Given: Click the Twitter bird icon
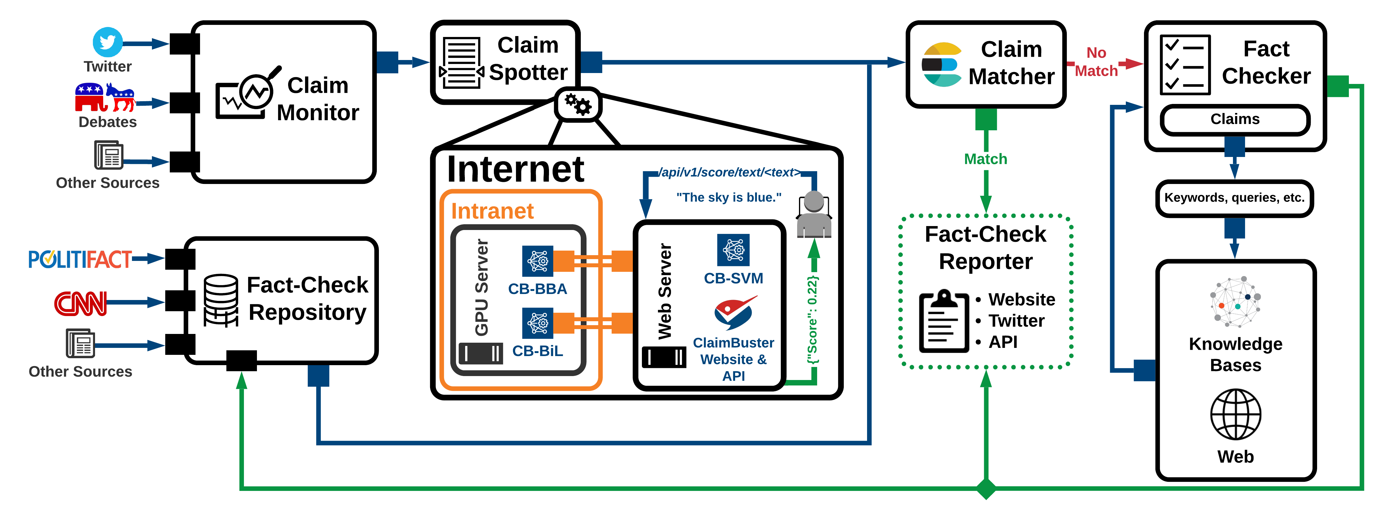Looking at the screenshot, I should tap(108, 42).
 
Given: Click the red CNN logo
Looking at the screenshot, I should tap(81, 303).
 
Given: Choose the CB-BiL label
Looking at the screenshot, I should tap(537, 351).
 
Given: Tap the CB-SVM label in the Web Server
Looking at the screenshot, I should tap(733, 278).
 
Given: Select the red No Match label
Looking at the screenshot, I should tap(1096, 62).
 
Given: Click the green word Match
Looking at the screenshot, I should tap(985, 159).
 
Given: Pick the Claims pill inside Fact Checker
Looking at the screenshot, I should tap(1235, 119).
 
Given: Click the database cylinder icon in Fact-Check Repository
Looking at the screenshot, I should tap(221, 300).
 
